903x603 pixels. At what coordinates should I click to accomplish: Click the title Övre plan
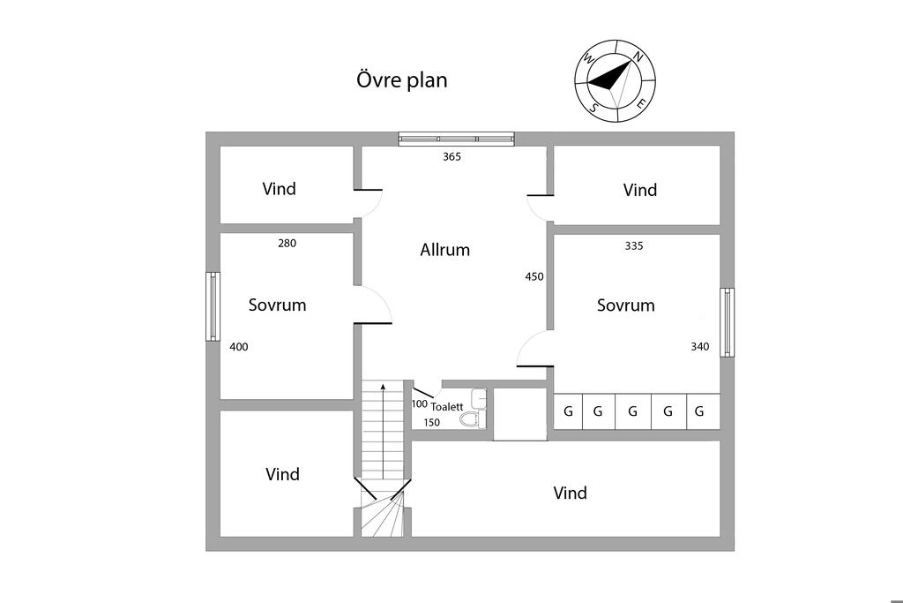click(x=401, y=80)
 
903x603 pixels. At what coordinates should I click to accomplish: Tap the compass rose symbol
click(x=616, y=80)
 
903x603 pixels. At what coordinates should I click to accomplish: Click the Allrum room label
click(x=444, y=250)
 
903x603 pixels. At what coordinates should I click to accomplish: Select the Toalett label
click(x=446, y=407)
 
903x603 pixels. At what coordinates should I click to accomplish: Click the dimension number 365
click(x=451, y=157)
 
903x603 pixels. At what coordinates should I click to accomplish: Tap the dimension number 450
click(x=534, y=276)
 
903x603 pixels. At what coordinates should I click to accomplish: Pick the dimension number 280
click(x=287, y=244)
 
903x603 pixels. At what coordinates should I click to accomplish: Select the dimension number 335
click(x=633, y=246)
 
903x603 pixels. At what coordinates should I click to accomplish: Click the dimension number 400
click(x=238, y=347)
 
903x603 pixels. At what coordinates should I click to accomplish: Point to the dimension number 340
click(x=699, y=347)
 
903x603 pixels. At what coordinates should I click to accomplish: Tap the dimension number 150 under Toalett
click(x=431, y=423)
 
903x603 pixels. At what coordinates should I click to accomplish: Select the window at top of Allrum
click(x=456, y=139)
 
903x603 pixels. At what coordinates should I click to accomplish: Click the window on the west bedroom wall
click(x=213, y=305)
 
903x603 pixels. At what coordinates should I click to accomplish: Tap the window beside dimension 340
click(x=727, y=322)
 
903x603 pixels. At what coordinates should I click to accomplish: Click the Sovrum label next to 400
click(x=277, y=305)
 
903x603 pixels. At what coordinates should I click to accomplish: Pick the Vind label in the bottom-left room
click(x=282, y=475)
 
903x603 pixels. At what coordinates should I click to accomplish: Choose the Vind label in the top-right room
click(x=639, y=190)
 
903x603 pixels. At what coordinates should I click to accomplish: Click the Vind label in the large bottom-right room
click(x=570, y=494)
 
